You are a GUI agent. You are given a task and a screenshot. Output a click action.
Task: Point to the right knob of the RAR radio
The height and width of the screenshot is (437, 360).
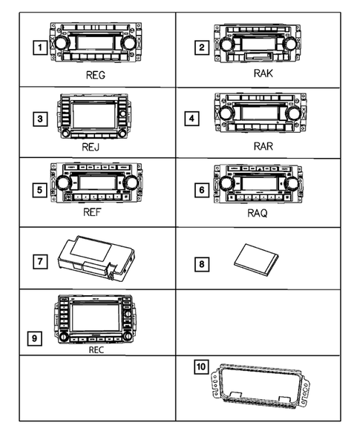tap(294, 113)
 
